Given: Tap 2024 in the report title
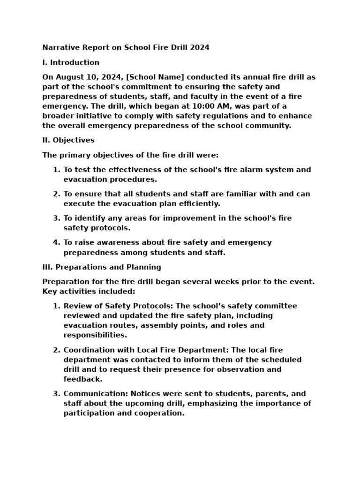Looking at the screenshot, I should coord(199,47).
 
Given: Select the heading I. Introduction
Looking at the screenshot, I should coord(71,62).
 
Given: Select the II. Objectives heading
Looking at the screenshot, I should coord(68,140).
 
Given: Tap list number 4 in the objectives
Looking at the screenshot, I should coord(56,242).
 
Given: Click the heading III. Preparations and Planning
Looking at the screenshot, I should coord(102,267).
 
